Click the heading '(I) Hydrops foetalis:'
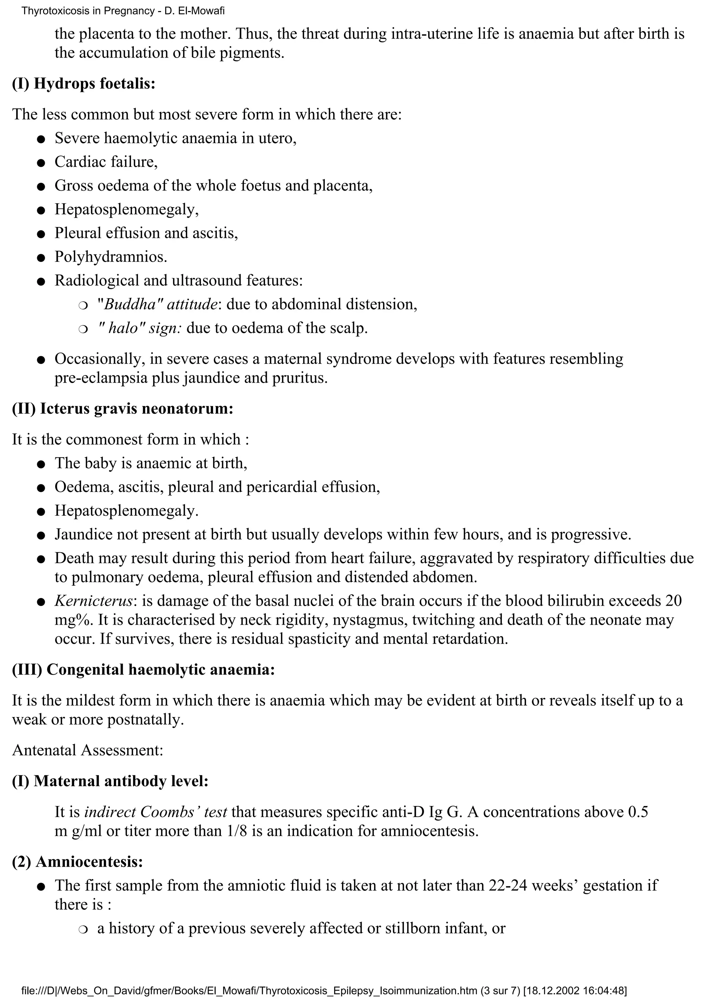point(83,83)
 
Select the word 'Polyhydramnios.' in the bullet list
point(111,257)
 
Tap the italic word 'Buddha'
point(130,304)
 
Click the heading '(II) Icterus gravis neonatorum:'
point(122,408)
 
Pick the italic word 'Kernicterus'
point(93,601)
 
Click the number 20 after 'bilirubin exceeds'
point(673,601)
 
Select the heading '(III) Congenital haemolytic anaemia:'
point(143,669)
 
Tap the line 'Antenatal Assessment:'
point(88,750)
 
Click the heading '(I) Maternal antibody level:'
point(110,781)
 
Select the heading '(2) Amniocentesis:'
point(78,861)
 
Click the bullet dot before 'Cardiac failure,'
point(41,163)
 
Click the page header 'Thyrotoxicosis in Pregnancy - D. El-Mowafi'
point(123,11)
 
